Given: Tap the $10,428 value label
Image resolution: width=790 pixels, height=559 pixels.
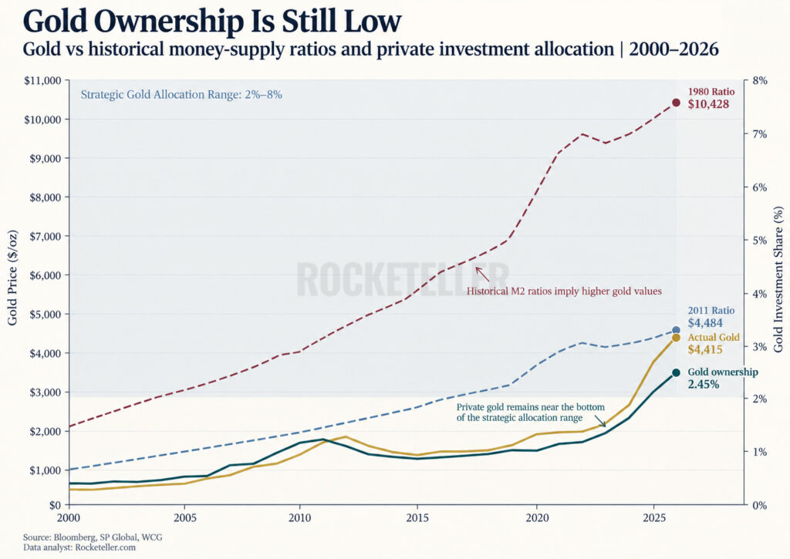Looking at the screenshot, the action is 708,104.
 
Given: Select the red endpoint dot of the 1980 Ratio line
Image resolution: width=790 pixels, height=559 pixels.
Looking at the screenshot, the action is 676,103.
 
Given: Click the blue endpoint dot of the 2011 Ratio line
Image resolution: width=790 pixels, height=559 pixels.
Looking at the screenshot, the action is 676,330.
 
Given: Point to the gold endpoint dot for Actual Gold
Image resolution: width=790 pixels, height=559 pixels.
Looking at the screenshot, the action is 676,338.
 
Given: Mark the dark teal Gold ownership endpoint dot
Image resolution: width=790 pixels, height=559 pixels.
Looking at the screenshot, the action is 676,372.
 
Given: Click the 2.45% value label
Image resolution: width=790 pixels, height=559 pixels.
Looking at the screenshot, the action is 704,384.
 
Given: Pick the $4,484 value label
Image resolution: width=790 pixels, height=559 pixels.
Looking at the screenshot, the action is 705,323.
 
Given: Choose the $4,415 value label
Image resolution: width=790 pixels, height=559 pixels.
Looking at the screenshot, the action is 705,349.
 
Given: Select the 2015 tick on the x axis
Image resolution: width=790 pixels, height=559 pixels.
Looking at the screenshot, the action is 417,517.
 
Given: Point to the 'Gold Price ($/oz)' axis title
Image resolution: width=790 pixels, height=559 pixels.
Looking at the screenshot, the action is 12,278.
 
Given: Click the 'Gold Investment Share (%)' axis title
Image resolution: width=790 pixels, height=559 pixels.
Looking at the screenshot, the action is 778,279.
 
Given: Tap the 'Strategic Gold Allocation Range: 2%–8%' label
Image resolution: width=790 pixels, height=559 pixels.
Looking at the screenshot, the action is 181,95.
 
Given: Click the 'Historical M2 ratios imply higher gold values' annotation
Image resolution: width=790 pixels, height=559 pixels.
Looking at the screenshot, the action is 564,291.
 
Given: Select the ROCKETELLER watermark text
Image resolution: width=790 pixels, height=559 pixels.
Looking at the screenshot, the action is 402,279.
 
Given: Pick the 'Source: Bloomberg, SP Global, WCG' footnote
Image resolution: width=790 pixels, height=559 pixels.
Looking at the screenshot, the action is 93,537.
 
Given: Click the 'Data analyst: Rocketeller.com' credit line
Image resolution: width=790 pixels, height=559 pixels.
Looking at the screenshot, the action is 79,547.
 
